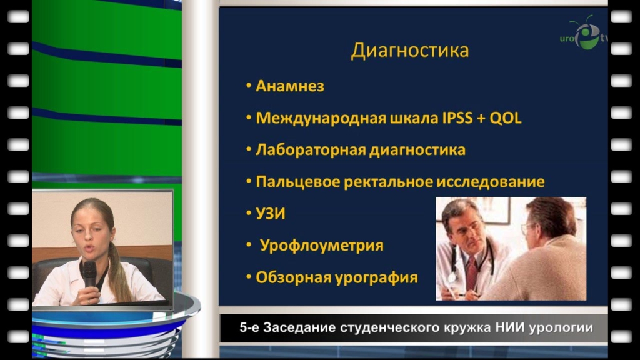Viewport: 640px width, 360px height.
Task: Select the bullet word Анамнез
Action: (290, 86)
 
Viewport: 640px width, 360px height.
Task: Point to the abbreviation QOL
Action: (505, 118)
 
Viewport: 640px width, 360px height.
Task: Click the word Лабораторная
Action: (311, 150)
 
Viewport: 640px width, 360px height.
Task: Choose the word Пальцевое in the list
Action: (298, 182)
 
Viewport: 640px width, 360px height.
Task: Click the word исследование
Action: (491, 182)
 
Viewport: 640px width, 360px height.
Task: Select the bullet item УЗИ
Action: (270, 214)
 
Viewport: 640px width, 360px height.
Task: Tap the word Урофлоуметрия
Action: (322, 246)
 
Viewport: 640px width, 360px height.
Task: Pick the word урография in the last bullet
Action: (376, 277)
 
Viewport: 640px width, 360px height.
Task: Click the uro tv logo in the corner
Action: (584, 34)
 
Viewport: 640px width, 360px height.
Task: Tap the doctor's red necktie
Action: (471, 272)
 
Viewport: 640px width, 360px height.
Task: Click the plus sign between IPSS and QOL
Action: (481, 119)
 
